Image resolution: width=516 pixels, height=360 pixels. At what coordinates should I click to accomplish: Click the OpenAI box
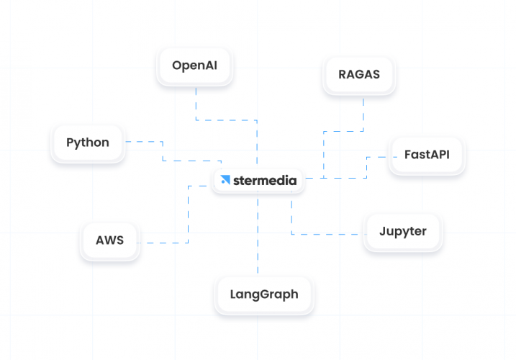[194, 66]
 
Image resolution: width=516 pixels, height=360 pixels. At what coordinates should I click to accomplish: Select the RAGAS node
[358, 73]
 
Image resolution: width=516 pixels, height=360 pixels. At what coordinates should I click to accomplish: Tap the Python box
[88, 143]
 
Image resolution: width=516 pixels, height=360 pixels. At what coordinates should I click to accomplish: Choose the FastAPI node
[427, 155]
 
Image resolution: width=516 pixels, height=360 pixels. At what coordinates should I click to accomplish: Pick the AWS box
[109, 240]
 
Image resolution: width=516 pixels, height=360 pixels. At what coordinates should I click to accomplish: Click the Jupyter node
[402, 232]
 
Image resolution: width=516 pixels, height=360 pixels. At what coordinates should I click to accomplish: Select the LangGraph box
[263, 294]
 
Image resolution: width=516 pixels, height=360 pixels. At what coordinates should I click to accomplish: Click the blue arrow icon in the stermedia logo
[225, 181]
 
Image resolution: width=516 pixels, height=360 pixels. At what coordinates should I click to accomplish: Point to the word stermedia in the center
[264, 181]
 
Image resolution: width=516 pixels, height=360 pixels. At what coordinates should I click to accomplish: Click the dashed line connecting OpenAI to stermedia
[257, 140]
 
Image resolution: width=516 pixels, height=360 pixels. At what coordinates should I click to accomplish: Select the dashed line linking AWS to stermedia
[188, 216]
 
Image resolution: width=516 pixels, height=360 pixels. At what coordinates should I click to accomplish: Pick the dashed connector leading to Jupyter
[324, 234]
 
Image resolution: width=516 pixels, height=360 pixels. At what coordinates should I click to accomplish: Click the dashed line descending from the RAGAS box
[363, 115]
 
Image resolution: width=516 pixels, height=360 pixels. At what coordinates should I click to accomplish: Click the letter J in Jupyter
[383, 232]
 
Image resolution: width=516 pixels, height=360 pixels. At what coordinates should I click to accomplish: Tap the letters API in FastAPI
[439, 155]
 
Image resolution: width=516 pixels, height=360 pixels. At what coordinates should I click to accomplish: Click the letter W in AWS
[110, 240]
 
